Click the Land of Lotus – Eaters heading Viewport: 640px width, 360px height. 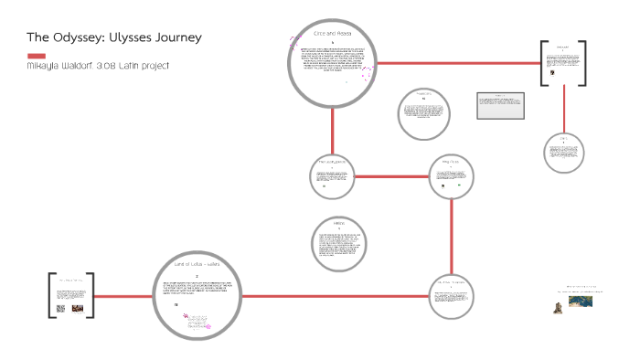pyautogui.click(x=197, y=265)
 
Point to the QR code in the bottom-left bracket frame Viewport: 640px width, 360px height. pyautogui.click(x=61, y=308)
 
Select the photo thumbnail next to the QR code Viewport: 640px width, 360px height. pyautogui.click(x=78, y=308)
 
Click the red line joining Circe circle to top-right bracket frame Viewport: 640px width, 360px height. pyautogui.click(x=457, y=63)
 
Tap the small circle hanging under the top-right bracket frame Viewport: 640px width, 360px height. pyautogui.click(x=561, y=152)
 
